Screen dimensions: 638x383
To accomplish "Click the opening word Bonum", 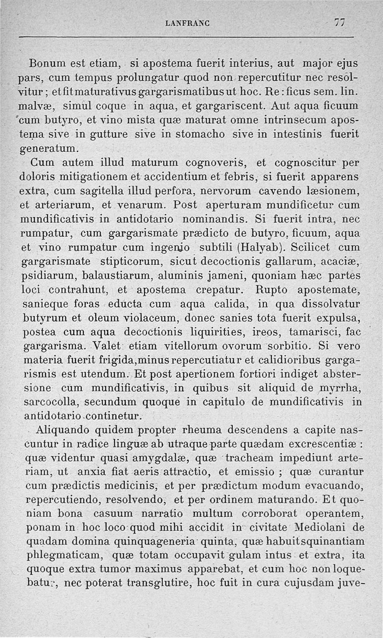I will (x=47, y=63).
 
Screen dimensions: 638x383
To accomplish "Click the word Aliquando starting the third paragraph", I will (x=71, y=429).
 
